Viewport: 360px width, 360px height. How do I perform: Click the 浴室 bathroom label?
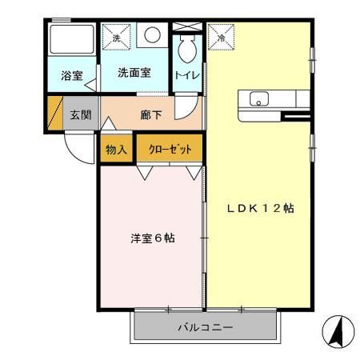tap(71, 76)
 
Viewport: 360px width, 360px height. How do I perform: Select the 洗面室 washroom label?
tap(134, 73)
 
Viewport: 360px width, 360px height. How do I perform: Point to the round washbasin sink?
tap(153, 35)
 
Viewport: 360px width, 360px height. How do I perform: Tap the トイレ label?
tap(187, 75)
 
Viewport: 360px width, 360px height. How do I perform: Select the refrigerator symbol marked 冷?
tap(222, 36)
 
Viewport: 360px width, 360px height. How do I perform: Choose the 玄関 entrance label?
tap(79, 114)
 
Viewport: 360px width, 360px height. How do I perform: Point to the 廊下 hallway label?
tap(151, 114)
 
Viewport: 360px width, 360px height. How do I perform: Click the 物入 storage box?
tap(117, 149)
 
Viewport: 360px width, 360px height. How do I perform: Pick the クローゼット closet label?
tap(168, 149)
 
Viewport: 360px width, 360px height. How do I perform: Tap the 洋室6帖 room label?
tap(153, 238)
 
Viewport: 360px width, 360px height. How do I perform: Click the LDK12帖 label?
tap(259, 208)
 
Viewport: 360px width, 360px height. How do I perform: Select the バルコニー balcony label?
tap(205, 328)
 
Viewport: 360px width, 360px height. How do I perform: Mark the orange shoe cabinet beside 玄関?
tap(55, 113)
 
